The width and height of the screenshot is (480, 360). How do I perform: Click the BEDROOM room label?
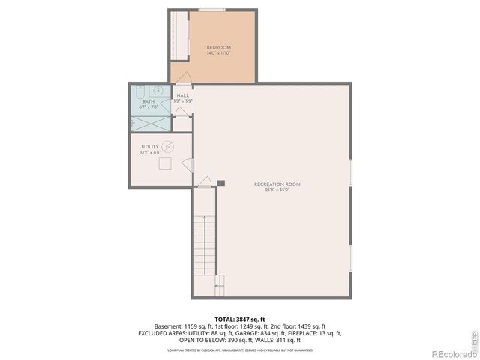click(x=219, y=48)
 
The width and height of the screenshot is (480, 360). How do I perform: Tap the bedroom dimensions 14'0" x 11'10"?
click(x=219, y=54)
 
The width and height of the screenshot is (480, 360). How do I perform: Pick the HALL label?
click(x=183, y=95)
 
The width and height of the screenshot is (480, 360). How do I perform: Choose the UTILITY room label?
click(x=149, y=147)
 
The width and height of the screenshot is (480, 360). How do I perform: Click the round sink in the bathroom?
click(x=139, y=92)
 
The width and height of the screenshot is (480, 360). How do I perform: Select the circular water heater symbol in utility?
click(x=169, y=147)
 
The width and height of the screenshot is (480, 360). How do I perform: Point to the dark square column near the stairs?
click(x=220, y=182)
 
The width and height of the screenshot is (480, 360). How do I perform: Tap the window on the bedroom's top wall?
click(x=211, y=10)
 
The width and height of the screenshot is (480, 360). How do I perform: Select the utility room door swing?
click(x=188, y=165)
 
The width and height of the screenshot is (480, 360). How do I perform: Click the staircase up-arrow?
click(x=220, y=283)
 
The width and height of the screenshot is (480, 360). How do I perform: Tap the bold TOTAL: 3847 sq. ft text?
click(x=239, y=319)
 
